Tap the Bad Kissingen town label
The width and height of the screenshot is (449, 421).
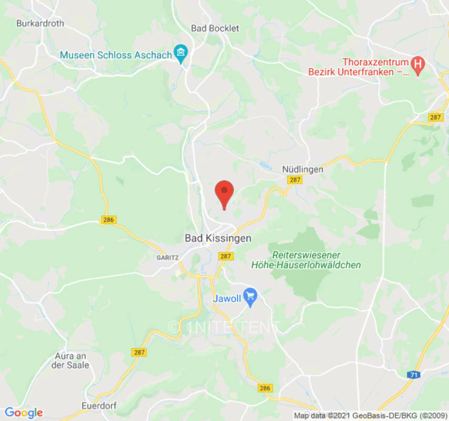[x=218, y=238]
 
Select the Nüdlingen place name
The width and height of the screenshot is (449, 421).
[x=303, y=169]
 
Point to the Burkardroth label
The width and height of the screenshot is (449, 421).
[x=40, y=24]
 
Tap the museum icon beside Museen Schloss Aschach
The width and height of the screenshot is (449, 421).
[x=182, y=53]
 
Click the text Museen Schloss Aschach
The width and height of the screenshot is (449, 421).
[x=116, y=55]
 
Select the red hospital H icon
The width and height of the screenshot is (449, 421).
[x=418, y=65]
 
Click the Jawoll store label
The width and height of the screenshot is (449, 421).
[x=227, y=298]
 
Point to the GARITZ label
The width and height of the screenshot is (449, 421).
[x=168, y=258]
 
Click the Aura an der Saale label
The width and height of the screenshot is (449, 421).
[x=72, y=360]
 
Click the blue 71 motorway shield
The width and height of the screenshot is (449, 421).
[x=413, y=374]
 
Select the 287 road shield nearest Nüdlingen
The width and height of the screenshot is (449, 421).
[x=294, y=180]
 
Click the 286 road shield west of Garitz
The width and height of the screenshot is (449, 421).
[x=108, y=220]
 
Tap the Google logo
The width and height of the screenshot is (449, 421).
[x=23, y=413]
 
